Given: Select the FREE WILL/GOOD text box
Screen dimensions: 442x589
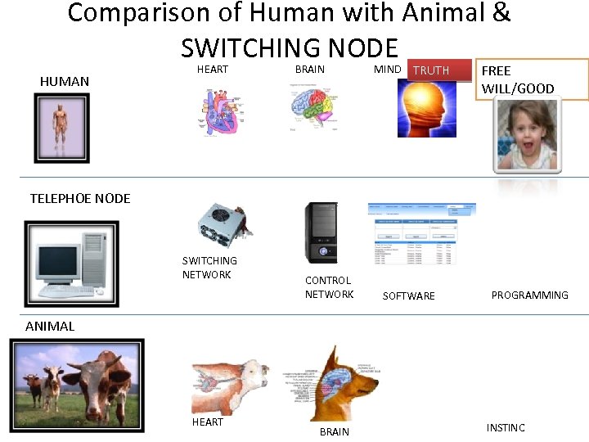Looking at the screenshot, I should coord(532,79).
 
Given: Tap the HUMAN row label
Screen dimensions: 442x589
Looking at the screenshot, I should coord(65,81).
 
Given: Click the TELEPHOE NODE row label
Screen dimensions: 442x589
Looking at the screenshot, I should coord(80,198).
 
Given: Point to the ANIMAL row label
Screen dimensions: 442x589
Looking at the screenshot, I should coord(50,326).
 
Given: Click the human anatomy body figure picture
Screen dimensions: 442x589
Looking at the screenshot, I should coord(61,128).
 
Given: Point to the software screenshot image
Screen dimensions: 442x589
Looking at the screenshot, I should coord(422,234).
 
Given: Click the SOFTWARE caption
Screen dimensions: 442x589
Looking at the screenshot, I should coord(408,295).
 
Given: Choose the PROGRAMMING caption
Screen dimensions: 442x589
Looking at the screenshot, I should coord(529,295).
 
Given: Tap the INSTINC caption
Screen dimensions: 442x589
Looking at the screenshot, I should coord(506,427).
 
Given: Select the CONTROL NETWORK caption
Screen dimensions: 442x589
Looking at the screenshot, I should coord(329,287).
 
